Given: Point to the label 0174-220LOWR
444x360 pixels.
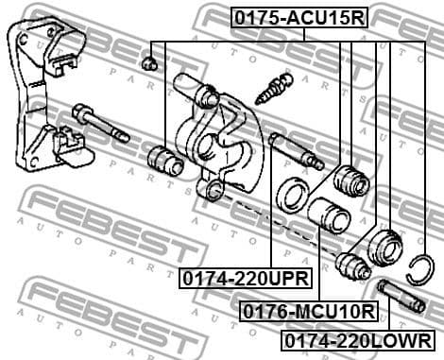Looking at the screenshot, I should pyautogui.click(x=360, y=339).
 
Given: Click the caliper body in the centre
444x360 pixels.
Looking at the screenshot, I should pyautogui.click(x=223, y=132).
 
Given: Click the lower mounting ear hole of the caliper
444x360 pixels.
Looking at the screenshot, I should pyautogui.click(x=215, y=191).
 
